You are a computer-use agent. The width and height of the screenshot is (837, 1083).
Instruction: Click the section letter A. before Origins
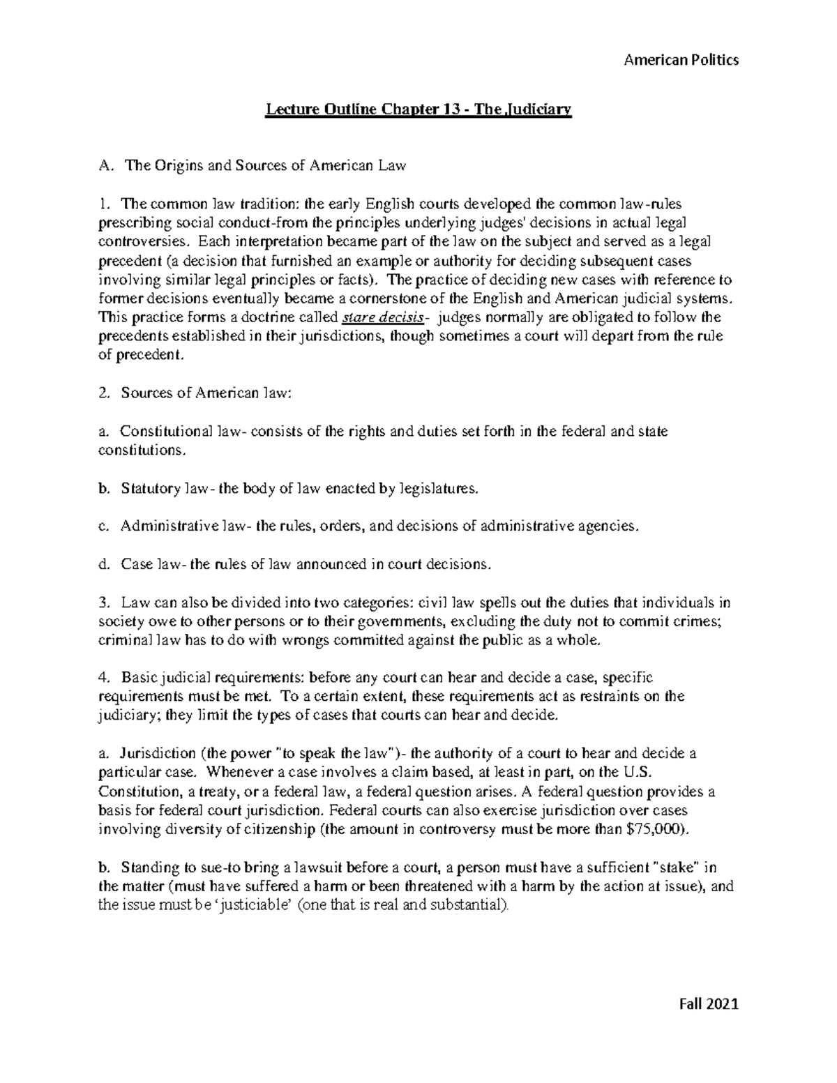[105, 166]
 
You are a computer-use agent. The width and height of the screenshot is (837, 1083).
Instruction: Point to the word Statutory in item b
[151, 489]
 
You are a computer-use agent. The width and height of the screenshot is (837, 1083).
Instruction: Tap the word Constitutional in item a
[167, 432]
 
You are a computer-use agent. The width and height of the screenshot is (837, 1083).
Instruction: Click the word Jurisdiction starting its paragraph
[158, 754]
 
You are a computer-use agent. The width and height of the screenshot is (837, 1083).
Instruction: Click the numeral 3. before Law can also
[105, 603]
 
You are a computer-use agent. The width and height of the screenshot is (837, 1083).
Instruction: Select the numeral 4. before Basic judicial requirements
[105, 677]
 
